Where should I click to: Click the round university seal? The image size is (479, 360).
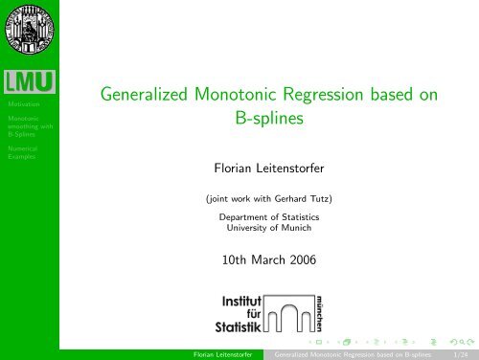point(29,29)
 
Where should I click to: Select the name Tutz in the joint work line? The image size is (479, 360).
point(322,200)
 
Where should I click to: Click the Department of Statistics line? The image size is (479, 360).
point(271,219)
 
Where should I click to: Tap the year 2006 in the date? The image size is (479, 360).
point(309,259)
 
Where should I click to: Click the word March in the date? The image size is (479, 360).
point(271,259)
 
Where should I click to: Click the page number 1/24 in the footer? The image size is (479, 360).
point(459,352)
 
